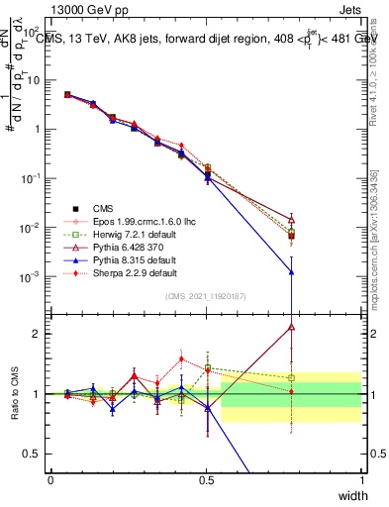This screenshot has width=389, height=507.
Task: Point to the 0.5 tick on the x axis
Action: point(206,478)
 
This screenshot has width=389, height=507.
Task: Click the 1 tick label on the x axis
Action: point(361,478)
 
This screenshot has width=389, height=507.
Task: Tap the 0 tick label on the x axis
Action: point(50,478)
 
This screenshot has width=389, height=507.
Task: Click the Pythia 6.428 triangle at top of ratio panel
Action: point(291,326)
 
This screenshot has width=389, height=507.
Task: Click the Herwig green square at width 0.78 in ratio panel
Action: point(291,377)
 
